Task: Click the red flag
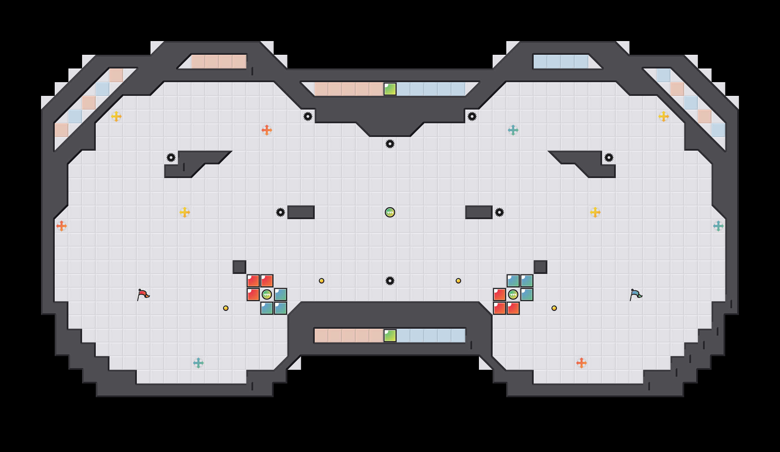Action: point(143,294)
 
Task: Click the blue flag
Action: point(636,294)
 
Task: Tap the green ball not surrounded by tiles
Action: point(390,212)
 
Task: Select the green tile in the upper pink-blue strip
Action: point(390,89)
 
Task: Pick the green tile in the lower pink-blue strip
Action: point(390,336)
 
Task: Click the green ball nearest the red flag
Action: point(267,294)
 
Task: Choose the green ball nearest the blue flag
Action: point(513,294)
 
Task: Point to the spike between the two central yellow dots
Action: point(390,281)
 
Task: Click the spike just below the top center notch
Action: point(390,144)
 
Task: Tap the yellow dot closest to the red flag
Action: point(226,308)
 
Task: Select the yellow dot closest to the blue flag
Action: point(554,308)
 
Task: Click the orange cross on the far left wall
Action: point(62,226)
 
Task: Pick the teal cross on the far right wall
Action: point(718,226)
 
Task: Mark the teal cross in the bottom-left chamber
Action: point(198,363)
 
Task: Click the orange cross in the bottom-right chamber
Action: point(582,363)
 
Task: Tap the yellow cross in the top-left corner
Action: point(116,116)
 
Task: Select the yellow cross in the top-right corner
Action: point(664,116)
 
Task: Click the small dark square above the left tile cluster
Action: point(239,267)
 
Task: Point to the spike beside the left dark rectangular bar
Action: point(281,212)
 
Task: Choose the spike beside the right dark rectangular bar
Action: point(499,212)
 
